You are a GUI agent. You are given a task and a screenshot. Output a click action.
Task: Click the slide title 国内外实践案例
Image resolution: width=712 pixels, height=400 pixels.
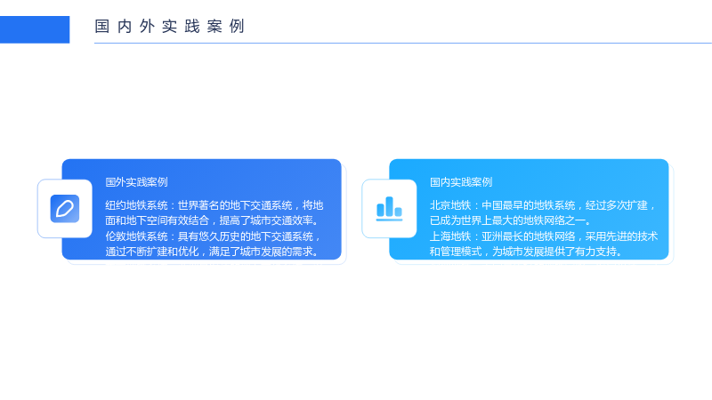(x=170, y=27)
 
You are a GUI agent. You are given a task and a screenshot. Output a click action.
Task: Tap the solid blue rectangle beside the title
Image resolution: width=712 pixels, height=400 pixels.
(x=35, y=30)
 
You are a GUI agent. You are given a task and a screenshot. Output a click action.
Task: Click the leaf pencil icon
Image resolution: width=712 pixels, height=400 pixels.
(x=65, y=209)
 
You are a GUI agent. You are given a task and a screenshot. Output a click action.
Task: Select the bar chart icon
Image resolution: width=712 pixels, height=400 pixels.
(x=389, y=209)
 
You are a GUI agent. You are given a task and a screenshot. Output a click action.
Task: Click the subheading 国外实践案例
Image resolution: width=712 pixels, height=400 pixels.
(x=137, y=182)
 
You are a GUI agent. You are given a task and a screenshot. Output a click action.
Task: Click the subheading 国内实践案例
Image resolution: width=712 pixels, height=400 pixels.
(x=461, y=182)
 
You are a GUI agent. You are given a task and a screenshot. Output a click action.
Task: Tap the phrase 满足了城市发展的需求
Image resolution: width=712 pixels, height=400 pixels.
(x=261, y=252)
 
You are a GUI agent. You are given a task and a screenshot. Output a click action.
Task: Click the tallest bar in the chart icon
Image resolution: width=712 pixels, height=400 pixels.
(x=389, y=206)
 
